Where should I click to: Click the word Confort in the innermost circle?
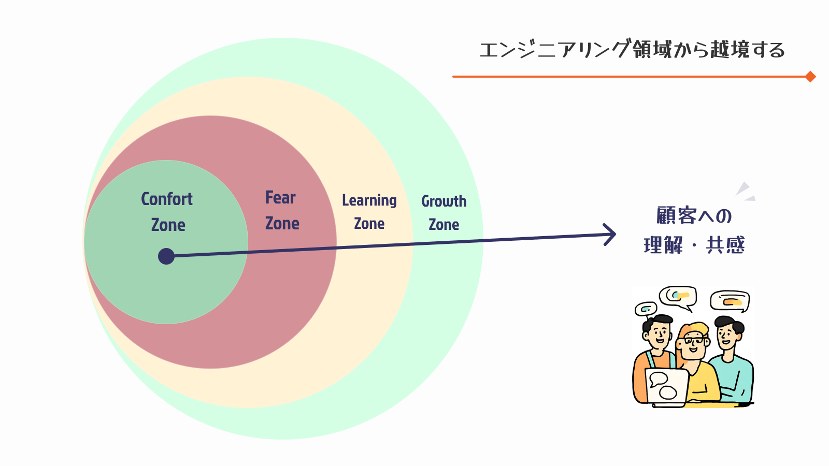point(167,199)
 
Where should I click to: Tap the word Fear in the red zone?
point(280,197)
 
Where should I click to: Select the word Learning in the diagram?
point(369,200)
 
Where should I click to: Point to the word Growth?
point(444,201)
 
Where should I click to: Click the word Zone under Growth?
point(444,224)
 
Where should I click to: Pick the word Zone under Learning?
point(369,224)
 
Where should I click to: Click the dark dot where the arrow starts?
point(166,256)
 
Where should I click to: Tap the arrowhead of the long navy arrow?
point(611,235)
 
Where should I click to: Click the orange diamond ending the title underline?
point(811,77)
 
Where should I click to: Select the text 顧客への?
point(694,215)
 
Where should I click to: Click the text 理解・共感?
point(694,245)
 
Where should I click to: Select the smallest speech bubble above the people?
point(646,309)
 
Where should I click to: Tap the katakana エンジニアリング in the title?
point(554,50)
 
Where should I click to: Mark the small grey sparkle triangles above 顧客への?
point(745,191)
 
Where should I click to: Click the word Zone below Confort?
point(168,225)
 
